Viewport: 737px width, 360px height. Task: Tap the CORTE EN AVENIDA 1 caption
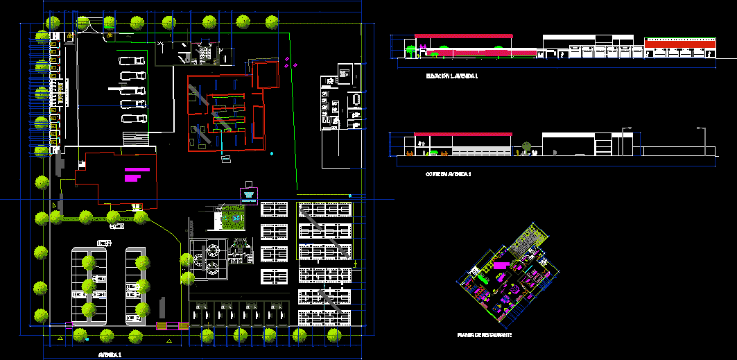[x=448, y=174]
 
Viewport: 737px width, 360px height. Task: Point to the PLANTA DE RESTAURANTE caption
[x=484, y=335]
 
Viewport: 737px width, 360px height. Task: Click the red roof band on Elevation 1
[x=463, y=35]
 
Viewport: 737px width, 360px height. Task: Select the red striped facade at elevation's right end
[x=679, y=44]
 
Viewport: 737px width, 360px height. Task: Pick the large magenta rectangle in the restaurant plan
[x=500, y=265]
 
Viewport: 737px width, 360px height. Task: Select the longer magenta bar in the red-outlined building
[x=137, y=169]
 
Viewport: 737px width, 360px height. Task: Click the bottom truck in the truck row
[x=134, y=119]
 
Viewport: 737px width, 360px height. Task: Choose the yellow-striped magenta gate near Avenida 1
[x=173, y=325]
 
